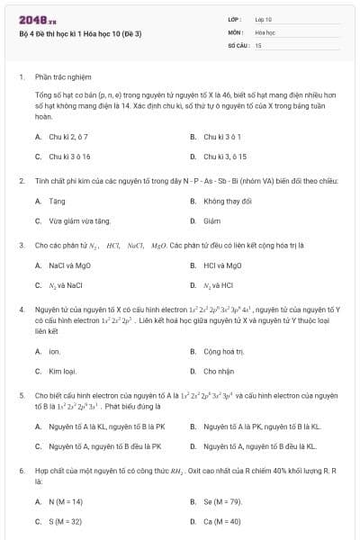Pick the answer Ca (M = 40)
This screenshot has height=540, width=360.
[x=222, y=521]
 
